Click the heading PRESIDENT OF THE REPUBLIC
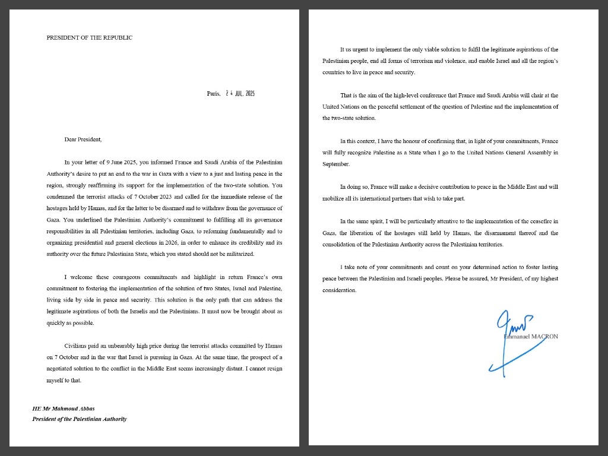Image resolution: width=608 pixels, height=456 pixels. click(x=90, y=37)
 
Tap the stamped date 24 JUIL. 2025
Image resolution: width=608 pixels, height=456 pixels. click(x=240, y=93)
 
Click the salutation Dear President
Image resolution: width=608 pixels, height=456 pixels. click(x=83, y=140)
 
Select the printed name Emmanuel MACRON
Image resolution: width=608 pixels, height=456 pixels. click(x=531, y=337)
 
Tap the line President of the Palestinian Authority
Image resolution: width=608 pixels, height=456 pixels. click(x=79, y=419)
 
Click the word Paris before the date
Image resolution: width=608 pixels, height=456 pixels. click(x=213, y=93)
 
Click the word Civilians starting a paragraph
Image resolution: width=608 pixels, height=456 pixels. click(x=77, y=345)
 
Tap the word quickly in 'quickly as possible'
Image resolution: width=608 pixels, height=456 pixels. click(x=57, y=323)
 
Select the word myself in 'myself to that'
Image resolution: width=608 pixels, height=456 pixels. click(x=56, y=381)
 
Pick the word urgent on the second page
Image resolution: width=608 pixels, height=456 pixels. click(x=360, y=49)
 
